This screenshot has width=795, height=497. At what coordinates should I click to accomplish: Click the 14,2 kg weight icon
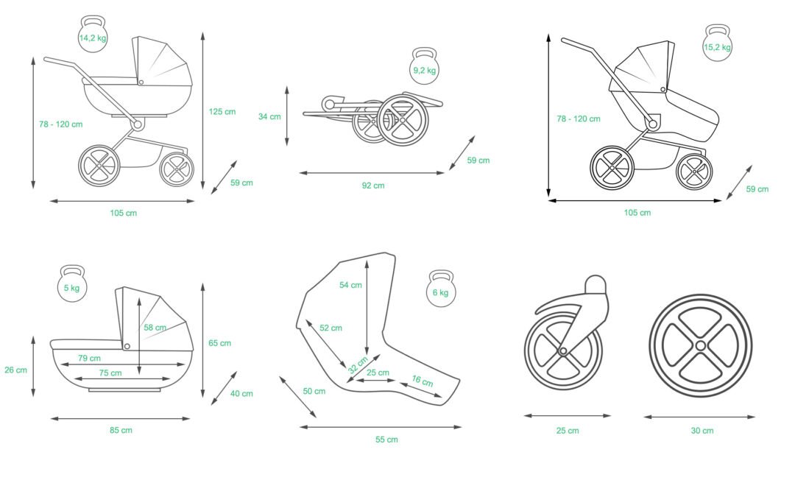coord(93,35)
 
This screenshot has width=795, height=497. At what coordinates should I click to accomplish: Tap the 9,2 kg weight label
coord(425,71)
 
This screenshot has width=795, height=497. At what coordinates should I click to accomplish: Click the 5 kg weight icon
coord(71,285)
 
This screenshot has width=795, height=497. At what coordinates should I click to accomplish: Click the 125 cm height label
coord(222,112)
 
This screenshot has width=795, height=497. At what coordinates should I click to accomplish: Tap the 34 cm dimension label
coord(269,116)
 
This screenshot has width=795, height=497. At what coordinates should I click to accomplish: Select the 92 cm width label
coord(373,186)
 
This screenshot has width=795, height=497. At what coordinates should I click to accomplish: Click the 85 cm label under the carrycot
coord(121,430)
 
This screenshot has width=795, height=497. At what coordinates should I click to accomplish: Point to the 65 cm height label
coord(219,343)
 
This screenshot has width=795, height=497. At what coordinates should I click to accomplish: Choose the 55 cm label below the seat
coord(386,440)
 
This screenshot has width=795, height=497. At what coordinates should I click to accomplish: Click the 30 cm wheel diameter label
coord(702,431)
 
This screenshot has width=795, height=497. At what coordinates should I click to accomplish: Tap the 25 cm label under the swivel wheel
coord(568,431)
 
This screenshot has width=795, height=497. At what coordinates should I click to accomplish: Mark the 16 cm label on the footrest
coord(422,382)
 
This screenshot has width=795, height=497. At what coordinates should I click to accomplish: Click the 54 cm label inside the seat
coord(350,285)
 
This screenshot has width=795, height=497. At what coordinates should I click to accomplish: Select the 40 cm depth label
coord(241,394)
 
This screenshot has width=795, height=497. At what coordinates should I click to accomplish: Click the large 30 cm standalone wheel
coord(700,345)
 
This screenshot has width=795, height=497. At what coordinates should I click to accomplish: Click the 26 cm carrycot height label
coord(15,370)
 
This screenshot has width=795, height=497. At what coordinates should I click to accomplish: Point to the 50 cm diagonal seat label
coord(314,391)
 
